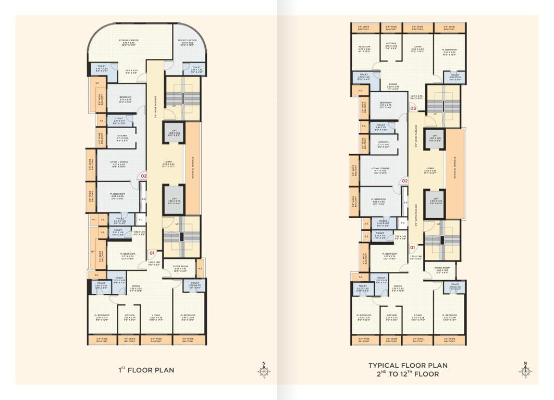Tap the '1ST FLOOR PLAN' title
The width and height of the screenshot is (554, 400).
coord(146,370)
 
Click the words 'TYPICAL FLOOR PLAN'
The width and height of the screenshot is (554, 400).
coord(408,366)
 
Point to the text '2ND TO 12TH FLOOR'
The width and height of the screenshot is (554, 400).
coord(408,374)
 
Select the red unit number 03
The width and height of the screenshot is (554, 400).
coord(413,108)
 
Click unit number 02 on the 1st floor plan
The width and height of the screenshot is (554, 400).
coord(144,177)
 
